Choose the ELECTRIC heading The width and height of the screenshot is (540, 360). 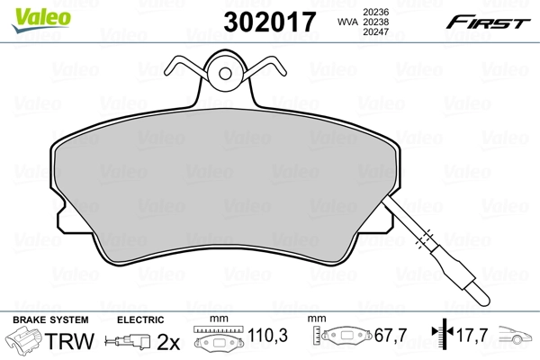click(x=140, y=320)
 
